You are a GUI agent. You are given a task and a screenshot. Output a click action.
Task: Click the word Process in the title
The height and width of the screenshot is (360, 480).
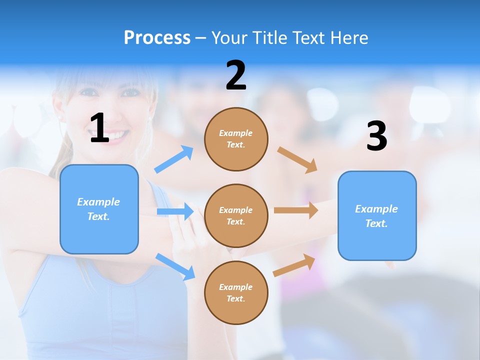pos(157,37)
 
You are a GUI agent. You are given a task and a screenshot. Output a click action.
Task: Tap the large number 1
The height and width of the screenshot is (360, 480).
pos(99,128)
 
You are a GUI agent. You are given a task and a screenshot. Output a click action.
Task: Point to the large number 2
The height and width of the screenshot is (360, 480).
pos(236,75)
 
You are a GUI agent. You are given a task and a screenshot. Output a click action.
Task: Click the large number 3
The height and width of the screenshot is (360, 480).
pos(376,136)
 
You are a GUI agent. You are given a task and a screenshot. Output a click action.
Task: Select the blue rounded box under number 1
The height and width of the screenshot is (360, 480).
pos(99,209)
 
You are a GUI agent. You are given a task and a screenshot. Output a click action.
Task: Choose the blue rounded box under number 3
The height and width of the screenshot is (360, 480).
pos(377,215)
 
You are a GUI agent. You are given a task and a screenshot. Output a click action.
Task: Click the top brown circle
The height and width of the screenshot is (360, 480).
pos(236,139)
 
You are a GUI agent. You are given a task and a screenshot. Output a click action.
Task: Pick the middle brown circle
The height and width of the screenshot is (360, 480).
pos(236,215)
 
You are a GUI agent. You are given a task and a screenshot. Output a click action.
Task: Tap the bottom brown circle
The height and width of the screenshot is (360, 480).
pos(236,292)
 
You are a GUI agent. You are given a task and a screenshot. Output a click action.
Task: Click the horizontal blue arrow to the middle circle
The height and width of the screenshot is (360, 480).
pos(175,211)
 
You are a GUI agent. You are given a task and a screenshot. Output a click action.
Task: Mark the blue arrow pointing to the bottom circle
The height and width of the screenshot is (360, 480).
pos(175,266)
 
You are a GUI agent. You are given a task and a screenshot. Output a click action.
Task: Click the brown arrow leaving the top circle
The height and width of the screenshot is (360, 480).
pos(297,159)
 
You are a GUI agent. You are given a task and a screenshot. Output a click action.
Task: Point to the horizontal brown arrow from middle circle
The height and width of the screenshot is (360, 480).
pos(296,210)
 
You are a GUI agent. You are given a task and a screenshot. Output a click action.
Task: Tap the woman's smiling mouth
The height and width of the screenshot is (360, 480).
pos(116,135)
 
